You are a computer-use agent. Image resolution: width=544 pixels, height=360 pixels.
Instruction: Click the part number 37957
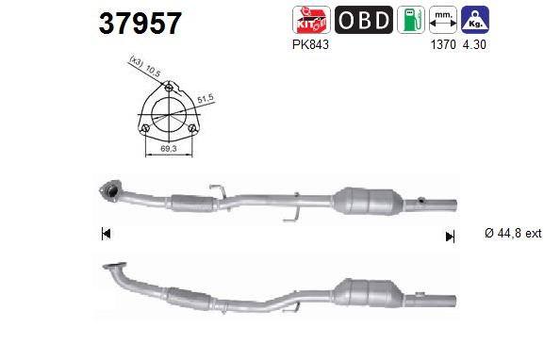(140, 23)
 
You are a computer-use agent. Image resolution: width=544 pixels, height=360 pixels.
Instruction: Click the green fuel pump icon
(410, 20)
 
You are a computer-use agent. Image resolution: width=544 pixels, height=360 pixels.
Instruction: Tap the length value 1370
(441, 43)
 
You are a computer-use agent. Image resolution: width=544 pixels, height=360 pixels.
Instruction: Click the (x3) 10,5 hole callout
(141, 66)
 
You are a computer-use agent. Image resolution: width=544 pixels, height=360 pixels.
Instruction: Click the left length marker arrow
(106, 234)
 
